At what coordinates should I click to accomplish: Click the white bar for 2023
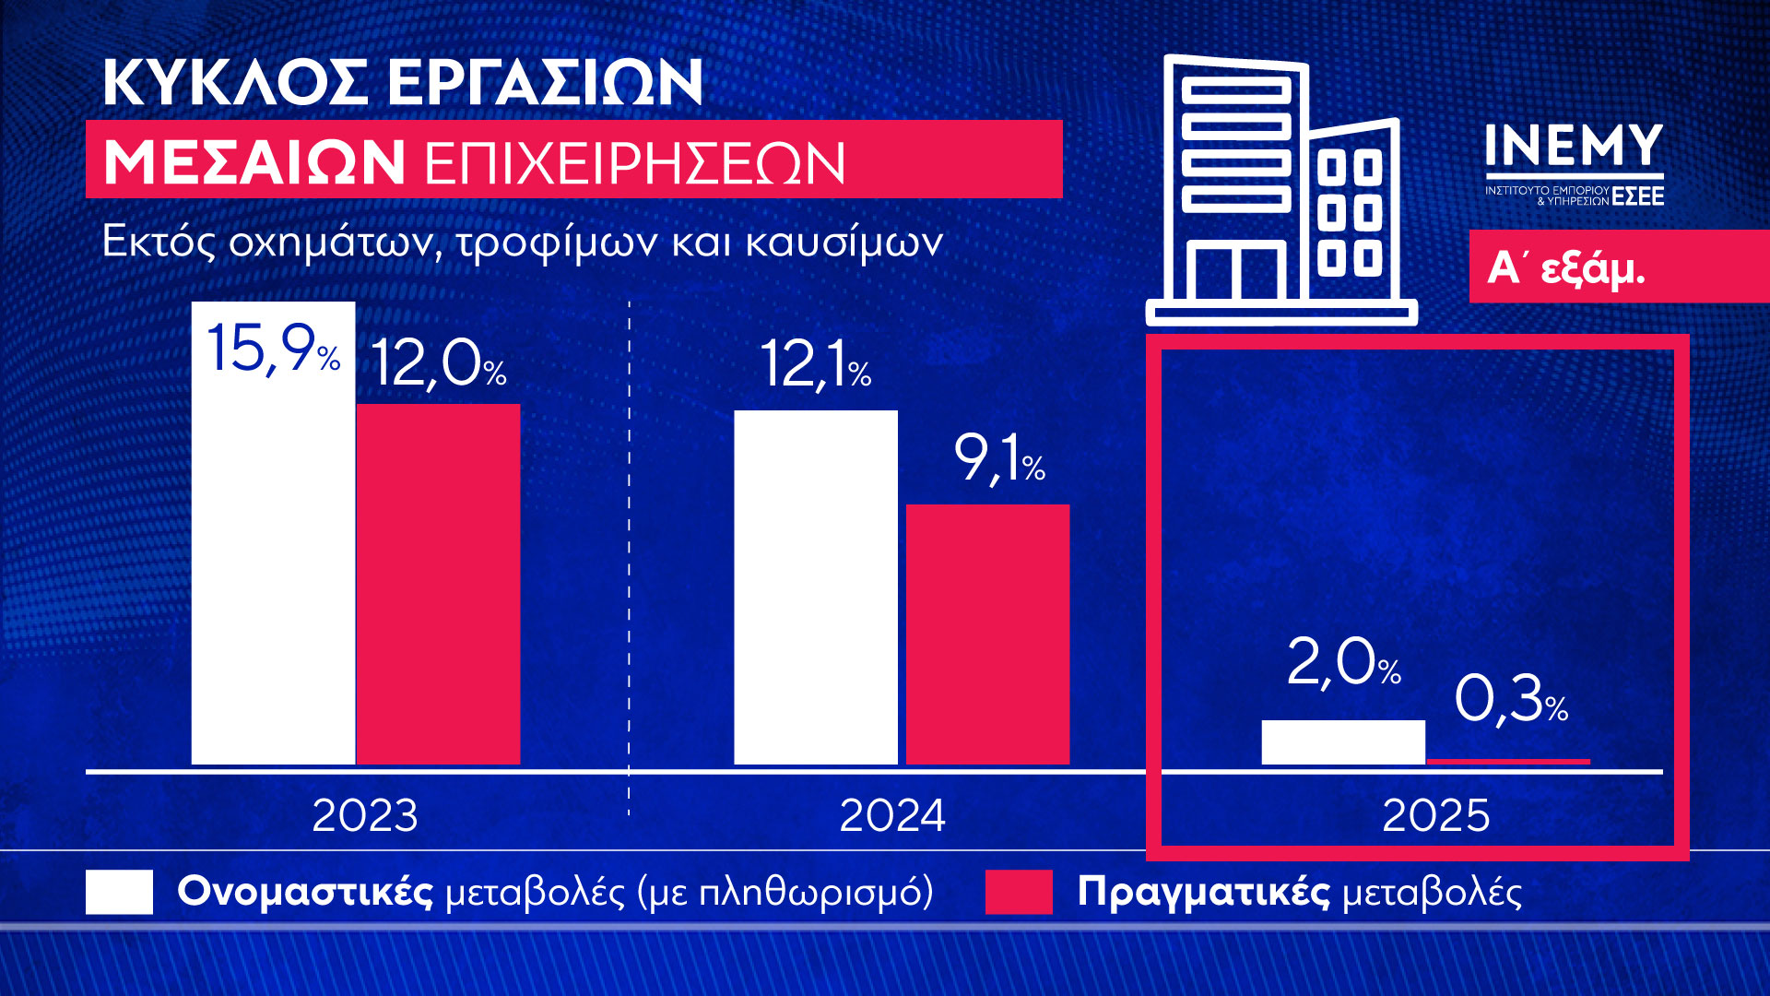coord(273,572)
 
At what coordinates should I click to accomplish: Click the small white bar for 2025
coord(1342,742)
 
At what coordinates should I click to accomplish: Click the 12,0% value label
coord(438,363)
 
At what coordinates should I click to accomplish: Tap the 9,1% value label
coord(998,458)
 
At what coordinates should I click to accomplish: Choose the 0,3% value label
coord(1510,698)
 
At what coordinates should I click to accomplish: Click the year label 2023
coord(365,815)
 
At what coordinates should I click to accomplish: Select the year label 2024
coord(892,815)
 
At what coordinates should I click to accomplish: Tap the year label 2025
coord(1435,815)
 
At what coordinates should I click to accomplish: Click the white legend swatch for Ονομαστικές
coord(119,892)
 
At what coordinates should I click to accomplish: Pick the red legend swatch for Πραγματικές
coord(1019,892)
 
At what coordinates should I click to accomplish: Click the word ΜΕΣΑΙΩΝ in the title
coord(254,163)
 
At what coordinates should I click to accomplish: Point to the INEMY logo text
coord(1574,148)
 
